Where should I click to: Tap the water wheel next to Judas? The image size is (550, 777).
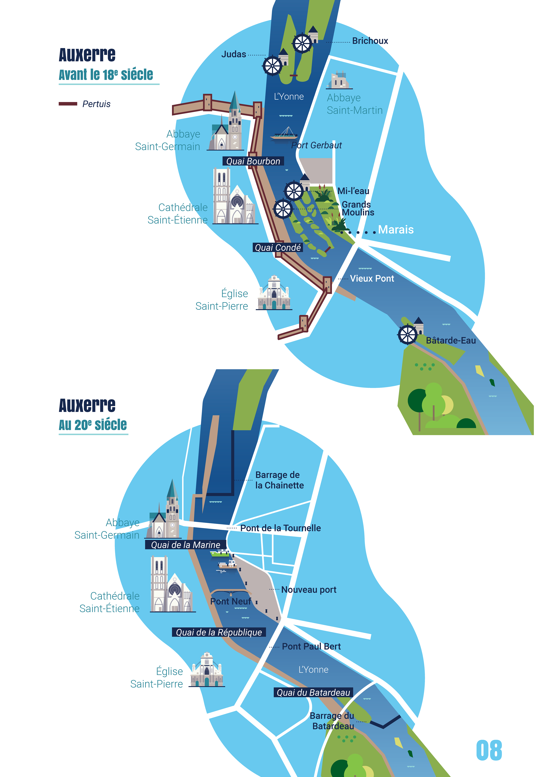coord(272,66)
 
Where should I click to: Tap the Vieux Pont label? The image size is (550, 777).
coord(372,279)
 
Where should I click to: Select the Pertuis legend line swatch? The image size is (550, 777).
coord(68,104)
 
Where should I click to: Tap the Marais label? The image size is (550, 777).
coord(395,230)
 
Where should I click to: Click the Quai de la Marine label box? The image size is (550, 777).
coord(185,545)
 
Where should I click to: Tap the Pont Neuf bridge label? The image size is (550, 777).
coord(230,601)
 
